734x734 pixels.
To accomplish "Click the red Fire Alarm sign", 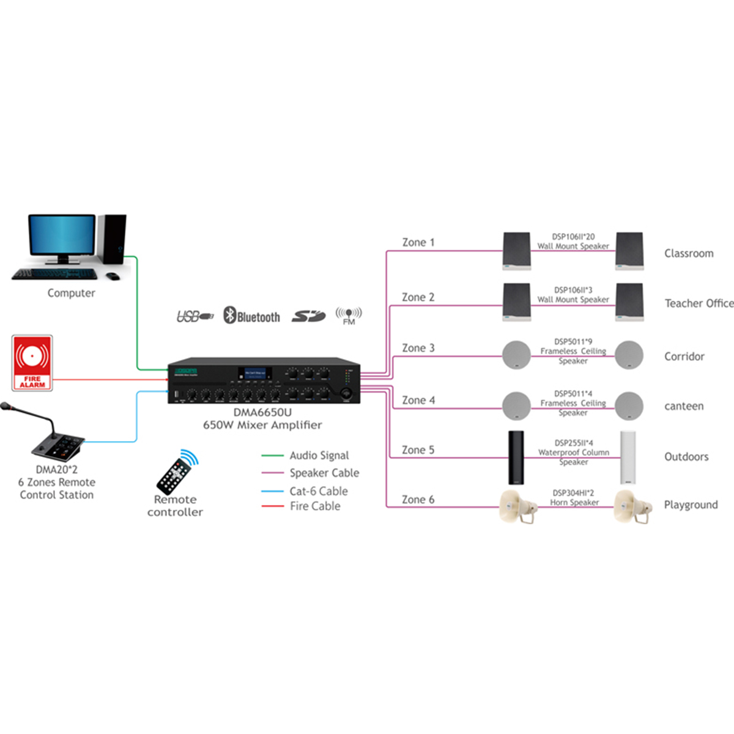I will tap(32, 363).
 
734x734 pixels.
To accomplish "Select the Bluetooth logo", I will tap(251, 316).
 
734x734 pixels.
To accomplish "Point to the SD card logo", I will tap(308, 316).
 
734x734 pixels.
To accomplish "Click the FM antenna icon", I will tap(349, 316).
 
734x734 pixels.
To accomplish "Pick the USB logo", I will tap(195, 316).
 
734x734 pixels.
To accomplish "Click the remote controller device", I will tap(177, 472).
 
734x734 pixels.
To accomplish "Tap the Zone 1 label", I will tap(418, 242).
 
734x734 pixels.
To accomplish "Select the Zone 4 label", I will tap(418, 400).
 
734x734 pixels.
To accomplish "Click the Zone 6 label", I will tap(418, 500).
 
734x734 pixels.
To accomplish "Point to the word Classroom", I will tap(689, 253).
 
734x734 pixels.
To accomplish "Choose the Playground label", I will tap(691, 505).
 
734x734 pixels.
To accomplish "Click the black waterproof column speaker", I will tap(516, 458).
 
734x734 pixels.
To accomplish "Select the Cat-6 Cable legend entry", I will tap(318, 491).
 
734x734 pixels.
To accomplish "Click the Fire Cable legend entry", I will tap(315, 506).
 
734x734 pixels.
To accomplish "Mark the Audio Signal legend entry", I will tap(319, 456).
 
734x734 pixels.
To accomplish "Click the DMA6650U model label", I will tap(262, 412).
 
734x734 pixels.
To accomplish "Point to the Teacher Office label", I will tap(699, 303).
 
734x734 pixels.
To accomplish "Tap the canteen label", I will tap(684, 406).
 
